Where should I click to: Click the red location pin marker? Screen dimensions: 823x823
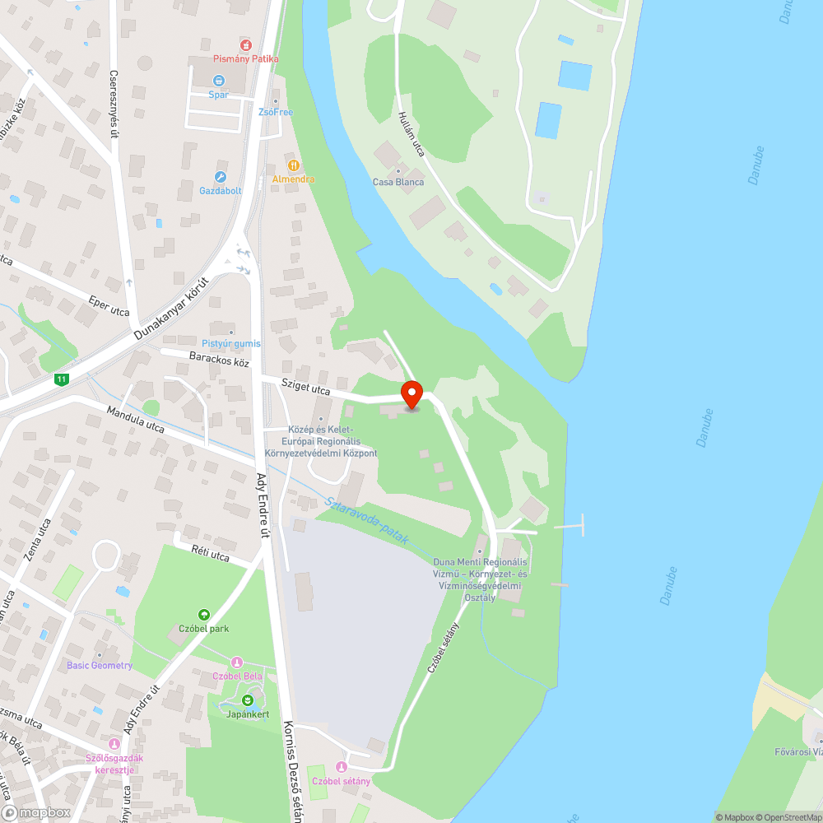tap(411, 394)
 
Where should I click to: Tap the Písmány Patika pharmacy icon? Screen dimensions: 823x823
tap(245, 44)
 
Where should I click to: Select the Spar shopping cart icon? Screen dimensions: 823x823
tap(218, 81)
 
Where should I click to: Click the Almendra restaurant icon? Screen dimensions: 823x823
tap(293, 165)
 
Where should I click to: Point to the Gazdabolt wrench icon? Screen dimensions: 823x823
tap(220, 177)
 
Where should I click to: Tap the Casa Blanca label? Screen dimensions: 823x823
tap(398, 182)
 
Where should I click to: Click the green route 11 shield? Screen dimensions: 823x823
tap(61, 379)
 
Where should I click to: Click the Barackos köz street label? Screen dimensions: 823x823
tap(219, 361)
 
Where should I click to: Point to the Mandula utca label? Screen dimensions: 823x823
tap(136, 418)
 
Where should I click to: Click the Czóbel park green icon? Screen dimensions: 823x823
tap(204, 614)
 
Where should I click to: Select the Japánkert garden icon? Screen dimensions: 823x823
tap(248, 700)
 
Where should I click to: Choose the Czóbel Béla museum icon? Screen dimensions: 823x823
tap(237, 662)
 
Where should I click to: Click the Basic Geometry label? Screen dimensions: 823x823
tap(100, 665)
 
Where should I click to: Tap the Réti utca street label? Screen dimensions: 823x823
tap(210, 556)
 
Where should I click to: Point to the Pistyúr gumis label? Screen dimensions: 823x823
tap(231, 343)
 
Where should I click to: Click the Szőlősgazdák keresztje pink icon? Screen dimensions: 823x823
tap(113, 742)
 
